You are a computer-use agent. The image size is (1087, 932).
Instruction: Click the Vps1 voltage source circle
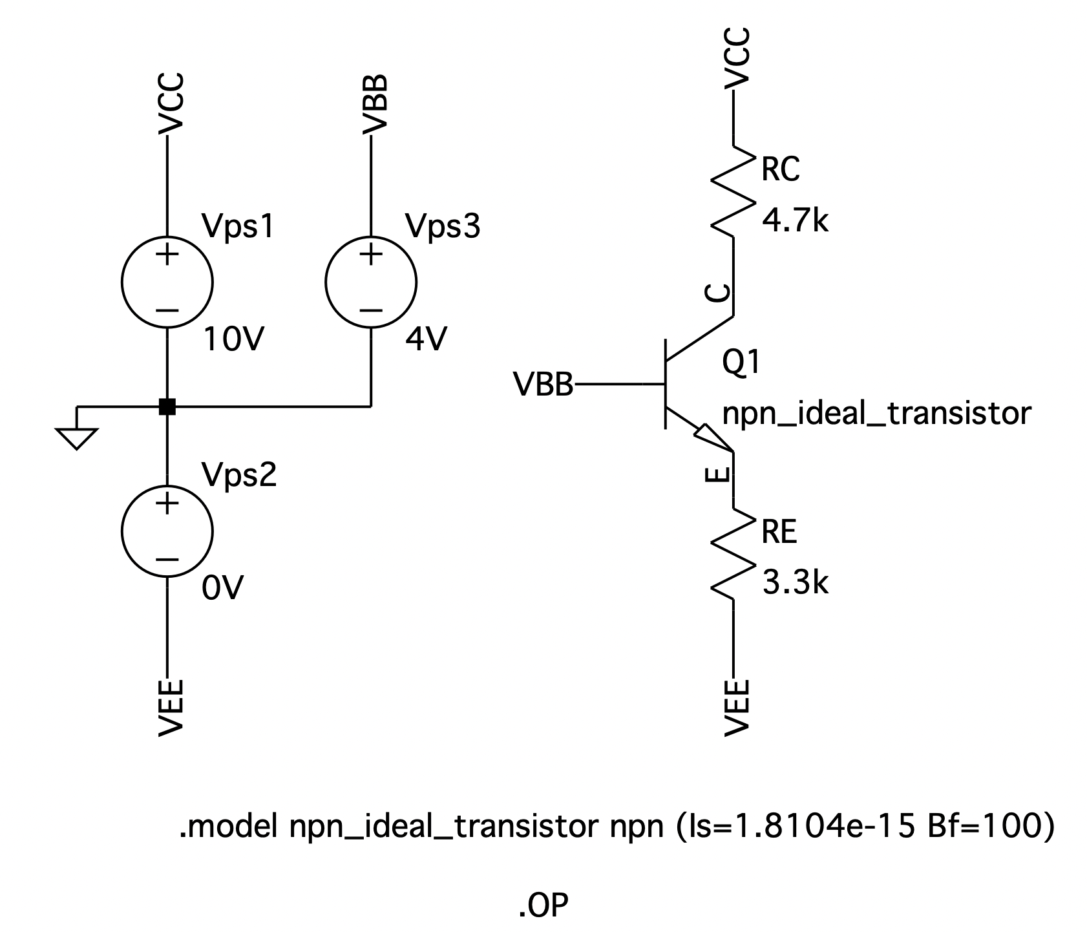click(167, 282)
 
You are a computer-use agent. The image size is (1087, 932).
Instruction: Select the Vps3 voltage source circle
click(371, 282)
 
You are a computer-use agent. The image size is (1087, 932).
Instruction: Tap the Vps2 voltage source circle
click(167, 531)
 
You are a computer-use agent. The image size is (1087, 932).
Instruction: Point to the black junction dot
click(167, 407)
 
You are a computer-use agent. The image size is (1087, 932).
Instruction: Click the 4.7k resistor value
click(795, 221)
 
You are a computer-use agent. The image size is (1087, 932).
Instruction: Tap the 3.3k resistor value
click(795, 583)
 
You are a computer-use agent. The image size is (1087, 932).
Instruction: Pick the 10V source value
click(233, 339)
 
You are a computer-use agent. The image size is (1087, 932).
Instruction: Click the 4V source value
click(426, 339)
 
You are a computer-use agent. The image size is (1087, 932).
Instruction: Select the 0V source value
click(222, 588)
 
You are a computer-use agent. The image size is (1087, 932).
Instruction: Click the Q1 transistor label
click(741, 363)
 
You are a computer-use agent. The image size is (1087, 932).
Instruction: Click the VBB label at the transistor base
click(543, 385)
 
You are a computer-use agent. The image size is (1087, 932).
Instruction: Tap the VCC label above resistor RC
click(737, 58)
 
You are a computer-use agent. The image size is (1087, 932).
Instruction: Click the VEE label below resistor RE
click(737, 707)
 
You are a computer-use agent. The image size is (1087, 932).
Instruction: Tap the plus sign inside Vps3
click(371, 254)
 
